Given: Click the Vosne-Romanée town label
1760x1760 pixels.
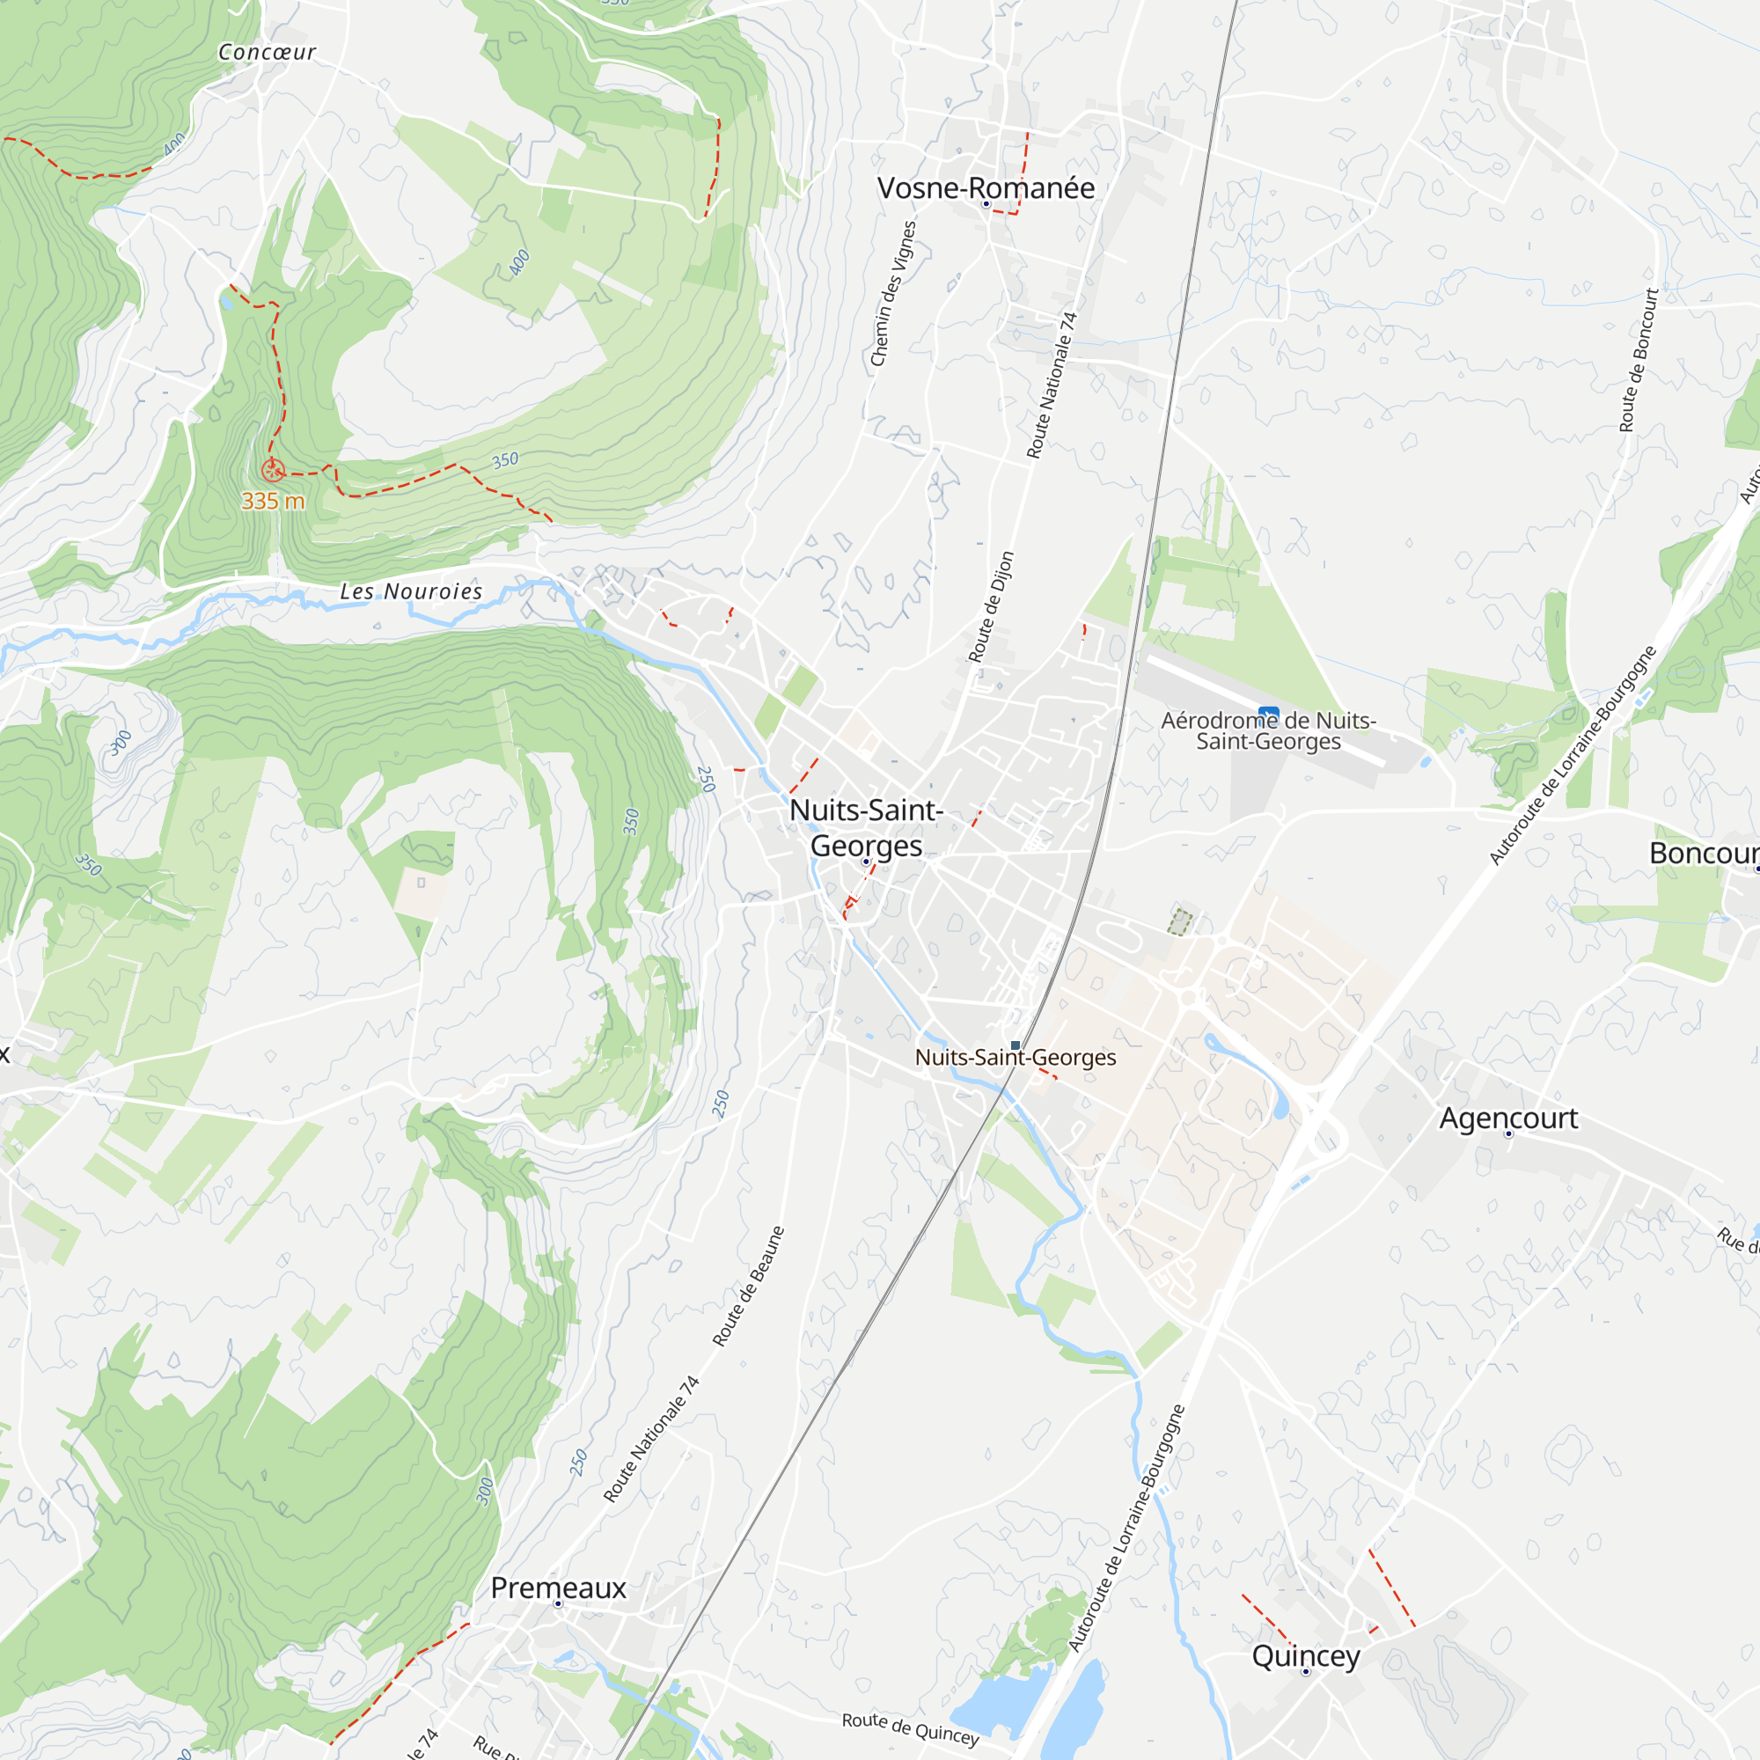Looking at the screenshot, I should coord(986,187).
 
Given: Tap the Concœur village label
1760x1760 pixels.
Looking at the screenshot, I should coord(267,53).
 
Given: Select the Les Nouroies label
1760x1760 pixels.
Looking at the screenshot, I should coord(411,592).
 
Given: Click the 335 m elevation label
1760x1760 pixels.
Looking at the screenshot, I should coord(273,501).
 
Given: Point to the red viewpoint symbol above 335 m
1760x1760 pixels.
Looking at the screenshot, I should coord(273,471).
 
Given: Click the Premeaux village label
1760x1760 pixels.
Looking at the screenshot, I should coord(559,1588).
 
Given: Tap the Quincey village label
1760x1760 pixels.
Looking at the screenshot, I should coord(1305,1655).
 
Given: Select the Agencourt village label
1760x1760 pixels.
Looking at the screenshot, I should coord(1508,1118).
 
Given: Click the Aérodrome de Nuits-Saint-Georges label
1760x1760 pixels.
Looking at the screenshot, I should coord(1268,730).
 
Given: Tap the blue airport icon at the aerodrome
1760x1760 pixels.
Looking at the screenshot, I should coord(1268,715).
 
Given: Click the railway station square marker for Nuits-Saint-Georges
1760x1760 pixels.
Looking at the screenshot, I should coord(1016,1045).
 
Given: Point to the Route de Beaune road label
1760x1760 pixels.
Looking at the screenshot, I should coord(748,1287).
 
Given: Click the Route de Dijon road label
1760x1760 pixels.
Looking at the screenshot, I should coord(990,606).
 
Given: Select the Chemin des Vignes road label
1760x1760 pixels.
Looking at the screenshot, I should coord(892,293).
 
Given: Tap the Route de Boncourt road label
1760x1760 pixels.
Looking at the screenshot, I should coord(1639,360).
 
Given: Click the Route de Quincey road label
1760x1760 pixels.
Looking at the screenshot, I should coord(910,1728).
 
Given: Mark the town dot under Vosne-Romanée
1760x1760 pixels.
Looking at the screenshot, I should coord(986,204).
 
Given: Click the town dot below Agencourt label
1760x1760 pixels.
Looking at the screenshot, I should coord(1508,1134).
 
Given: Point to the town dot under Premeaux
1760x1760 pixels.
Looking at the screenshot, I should coord(559,1604).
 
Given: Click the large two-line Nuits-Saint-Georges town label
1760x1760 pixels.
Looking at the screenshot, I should coord(866,827).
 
